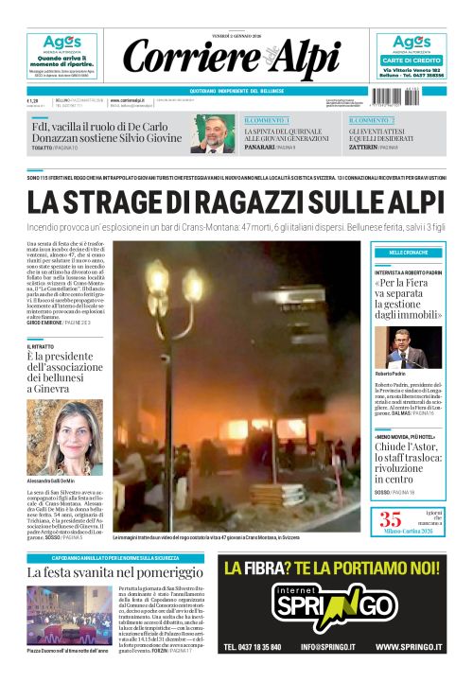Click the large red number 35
(x=391, y=517)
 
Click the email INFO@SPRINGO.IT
(x=332, y=648)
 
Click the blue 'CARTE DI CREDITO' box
(x=412, y=60)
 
